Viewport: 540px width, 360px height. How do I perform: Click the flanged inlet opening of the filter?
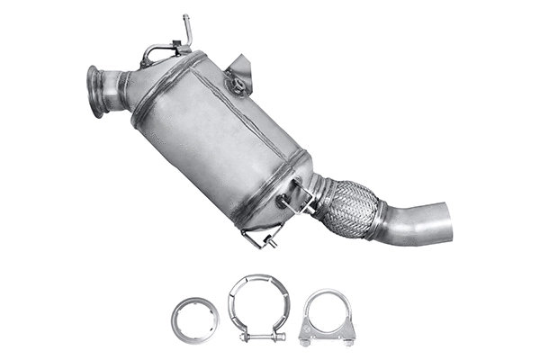(x=94, y=91)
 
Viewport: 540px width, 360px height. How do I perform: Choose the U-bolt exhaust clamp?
(x=328, y=317)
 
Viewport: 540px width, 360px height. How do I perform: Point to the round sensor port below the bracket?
(x=238, y=87)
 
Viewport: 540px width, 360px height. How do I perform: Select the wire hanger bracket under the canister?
(x=262, y=238)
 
